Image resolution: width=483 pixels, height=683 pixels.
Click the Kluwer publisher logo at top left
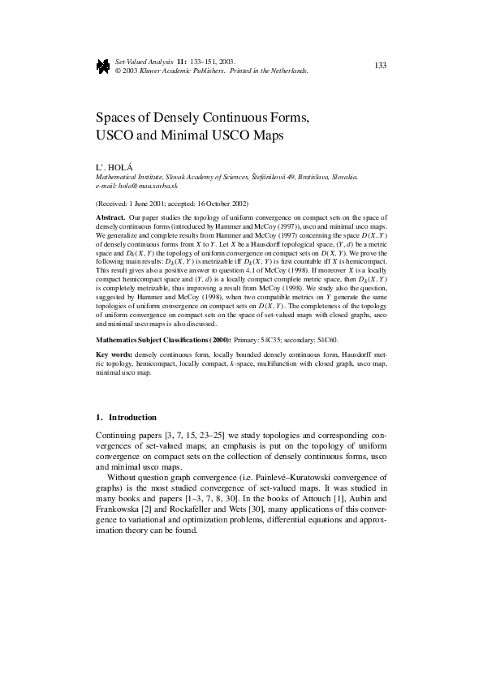pos(102,66)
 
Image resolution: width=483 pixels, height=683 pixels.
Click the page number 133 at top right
pos(380,64)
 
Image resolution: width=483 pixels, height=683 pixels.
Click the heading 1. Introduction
pos(126,417)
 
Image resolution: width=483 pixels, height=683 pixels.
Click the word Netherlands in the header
pos(288,71)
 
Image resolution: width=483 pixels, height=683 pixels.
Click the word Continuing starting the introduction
pos(117,436)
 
